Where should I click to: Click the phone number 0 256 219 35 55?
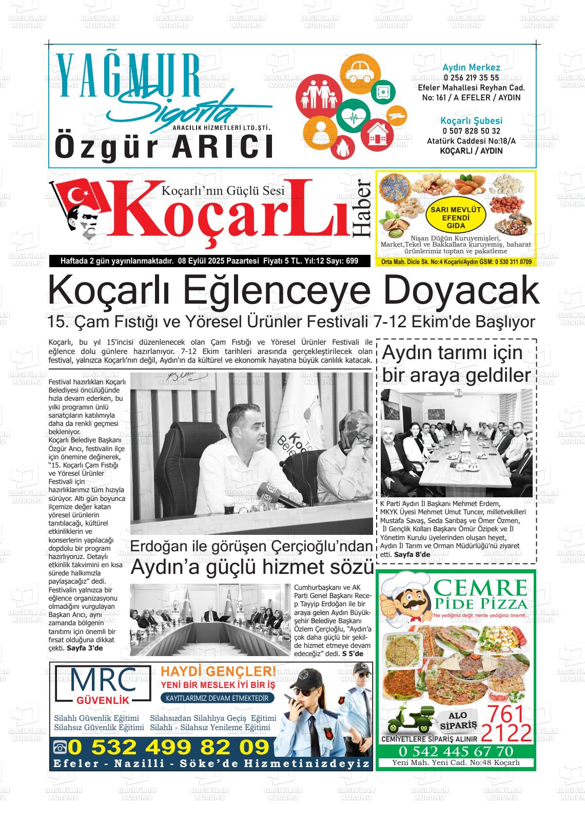(471, 78)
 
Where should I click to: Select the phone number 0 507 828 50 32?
(471, 132)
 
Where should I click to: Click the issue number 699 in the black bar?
(352, 261)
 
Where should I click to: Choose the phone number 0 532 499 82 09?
(168, 747)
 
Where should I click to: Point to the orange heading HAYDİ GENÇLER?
(218, 672)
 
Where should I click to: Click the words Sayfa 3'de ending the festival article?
(85, 648)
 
